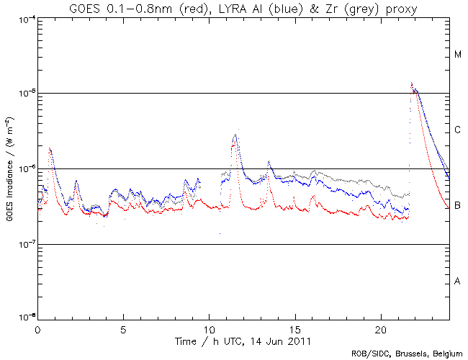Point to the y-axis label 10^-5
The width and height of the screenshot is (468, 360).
point(24,94)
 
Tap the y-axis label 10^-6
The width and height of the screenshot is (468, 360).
point(24,169)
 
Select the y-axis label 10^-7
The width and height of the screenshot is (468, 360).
point(24,245)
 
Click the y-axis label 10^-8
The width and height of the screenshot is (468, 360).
point(24,318)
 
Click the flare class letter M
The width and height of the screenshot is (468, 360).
point(457,55)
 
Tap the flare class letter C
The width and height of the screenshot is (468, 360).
point(457,130)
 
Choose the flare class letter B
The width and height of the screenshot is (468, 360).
point(457,206)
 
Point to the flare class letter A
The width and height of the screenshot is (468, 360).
point(457,282)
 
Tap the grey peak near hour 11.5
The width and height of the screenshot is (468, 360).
point(235,134)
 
